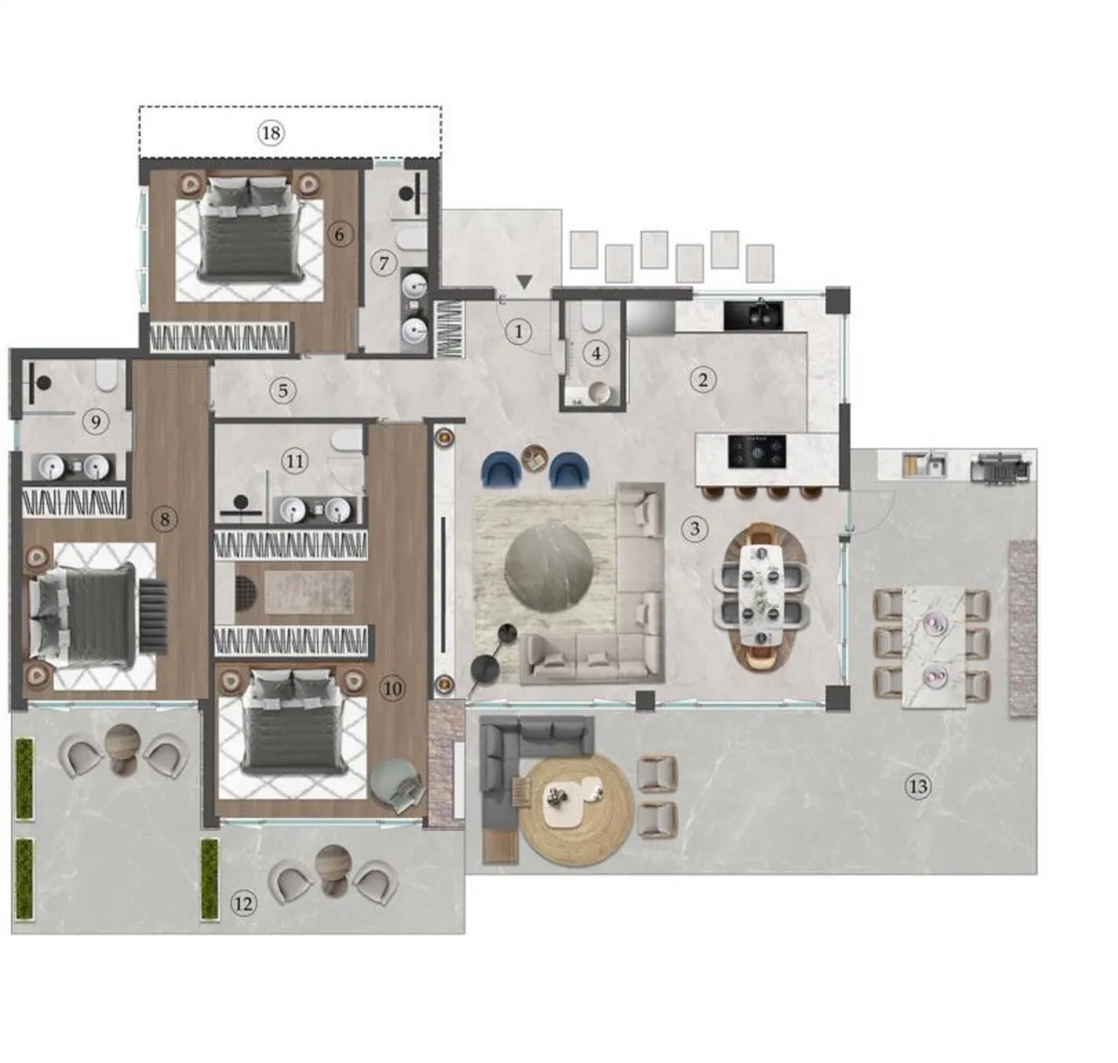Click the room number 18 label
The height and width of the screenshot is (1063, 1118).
(x=272, y=133)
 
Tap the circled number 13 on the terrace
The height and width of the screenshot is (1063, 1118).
(x=918, y=787)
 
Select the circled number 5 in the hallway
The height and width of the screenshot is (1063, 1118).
(x=283, y=390)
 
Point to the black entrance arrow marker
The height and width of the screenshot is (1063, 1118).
(x=524, y=281)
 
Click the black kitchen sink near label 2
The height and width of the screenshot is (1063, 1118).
(x=753, y=315)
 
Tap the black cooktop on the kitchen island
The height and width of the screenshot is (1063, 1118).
(x=757, y=452)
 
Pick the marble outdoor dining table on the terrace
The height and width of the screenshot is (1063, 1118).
(x=934, y=646)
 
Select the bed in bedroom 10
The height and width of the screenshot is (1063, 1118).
(x=294, y=722)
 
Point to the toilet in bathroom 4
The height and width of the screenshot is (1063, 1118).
(x=591, y=317)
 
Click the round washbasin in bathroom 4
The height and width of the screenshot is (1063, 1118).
(x=598, y=392)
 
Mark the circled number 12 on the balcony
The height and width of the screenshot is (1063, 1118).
(x=244, y=903)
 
